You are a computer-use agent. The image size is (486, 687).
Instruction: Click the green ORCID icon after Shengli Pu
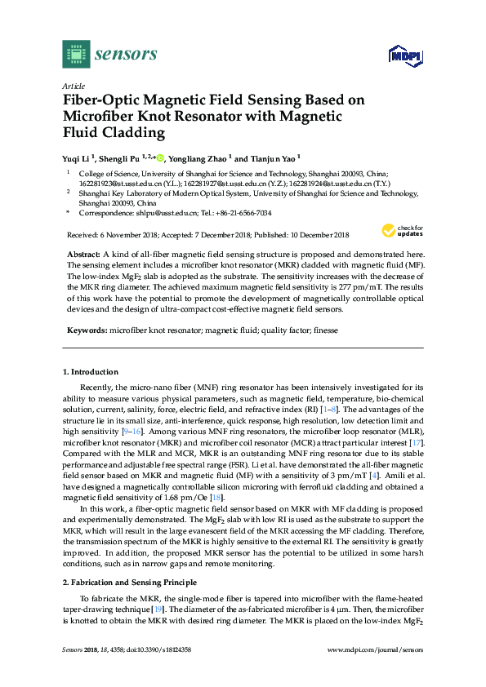coord(160,156)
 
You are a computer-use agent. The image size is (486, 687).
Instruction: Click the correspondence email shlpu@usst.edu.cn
coord(168,212)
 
